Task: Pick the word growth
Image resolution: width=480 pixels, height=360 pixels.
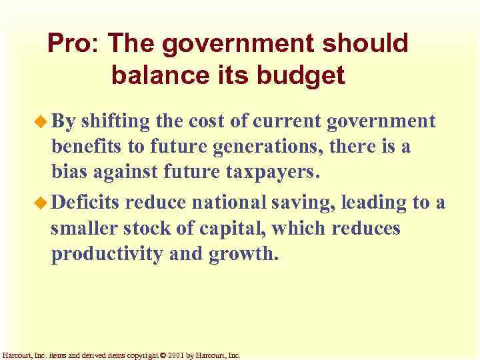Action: coord(241,255)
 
